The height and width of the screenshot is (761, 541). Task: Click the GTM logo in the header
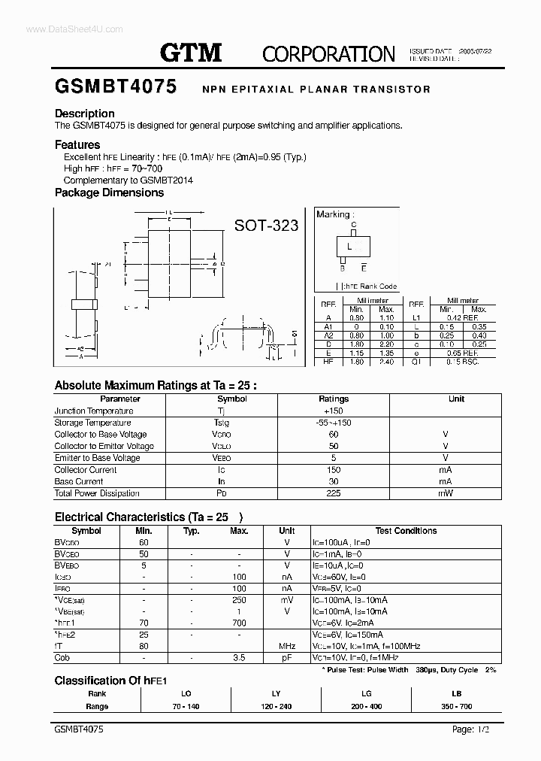click(191, 52)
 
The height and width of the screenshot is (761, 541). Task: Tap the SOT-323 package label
click(267, 225)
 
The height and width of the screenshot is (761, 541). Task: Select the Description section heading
click(85, 114)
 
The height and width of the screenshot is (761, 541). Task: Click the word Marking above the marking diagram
click(333, 214)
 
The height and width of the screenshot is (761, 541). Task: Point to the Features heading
click(77, 144)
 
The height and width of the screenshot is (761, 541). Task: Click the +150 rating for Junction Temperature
click(334, 411)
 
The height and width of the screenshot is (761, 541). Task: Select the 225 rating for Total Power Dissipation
click(334, 493)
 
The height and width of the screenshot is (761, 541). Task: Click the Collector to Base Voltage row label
click(101, 434)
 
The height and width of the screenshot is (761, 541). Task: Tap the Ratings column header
click(334, 399)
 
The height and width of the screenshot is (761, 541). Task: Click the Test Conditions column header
click(405, 530)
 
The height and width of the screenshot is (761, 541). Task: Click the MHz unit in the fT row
click(286, 646)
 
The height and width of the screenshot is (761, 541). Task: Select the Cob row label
click(62, 658)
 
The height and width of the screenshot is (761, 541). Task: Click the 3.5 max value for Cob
click(239, 658)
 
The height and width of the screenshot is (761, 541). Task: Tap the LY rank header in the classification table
click(275, 693)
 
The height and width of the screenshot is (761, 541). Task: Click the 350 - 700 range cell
click(456, 706)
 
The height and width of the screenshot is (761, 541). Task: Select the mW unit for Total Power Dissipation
click(446, 493)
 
